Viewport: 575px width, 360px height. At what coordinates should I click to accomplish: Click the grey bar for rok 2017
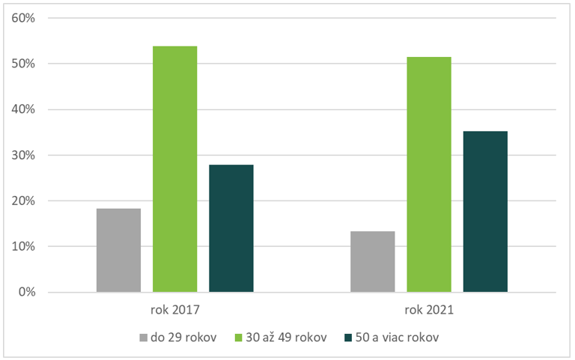tap(119, 250)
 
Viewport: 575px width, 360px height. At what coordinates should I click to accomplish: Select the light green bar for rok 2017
tap(175, 169)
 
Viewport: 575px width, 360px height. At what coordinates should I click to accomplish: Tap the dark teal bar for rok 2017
tap(231, 228)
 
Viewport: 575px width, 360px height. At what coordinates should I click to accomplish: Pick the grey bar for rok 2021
tap(373, 262)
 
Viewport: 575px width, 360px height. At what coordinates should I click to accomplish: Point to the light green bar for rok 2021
tap(429, 174)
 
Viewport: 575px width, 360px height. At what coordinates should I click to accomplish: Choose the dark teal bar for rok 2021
tap(485, 212)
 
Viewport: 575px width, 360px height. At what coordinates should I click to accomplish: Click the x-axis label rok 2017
tap(175, 309)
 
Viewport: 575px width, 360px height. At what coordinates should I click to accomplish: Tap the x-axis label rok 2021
tap(429, 309)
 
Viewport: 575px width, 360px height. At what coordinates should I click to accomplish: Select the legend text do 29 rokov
tap(183, 338)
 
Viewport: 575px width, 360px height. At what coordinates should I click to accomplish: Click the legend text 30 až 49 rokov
tap(287, 338)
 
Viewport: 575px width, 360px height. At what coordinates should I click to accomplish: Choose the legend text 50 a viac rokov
tap(397, 338)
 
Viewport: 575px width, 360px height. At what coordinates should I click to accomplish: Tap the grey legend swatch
tap(142, 338)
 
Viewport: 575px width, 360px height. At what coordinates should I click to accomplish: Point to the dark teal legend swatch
tap(347, 338)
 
